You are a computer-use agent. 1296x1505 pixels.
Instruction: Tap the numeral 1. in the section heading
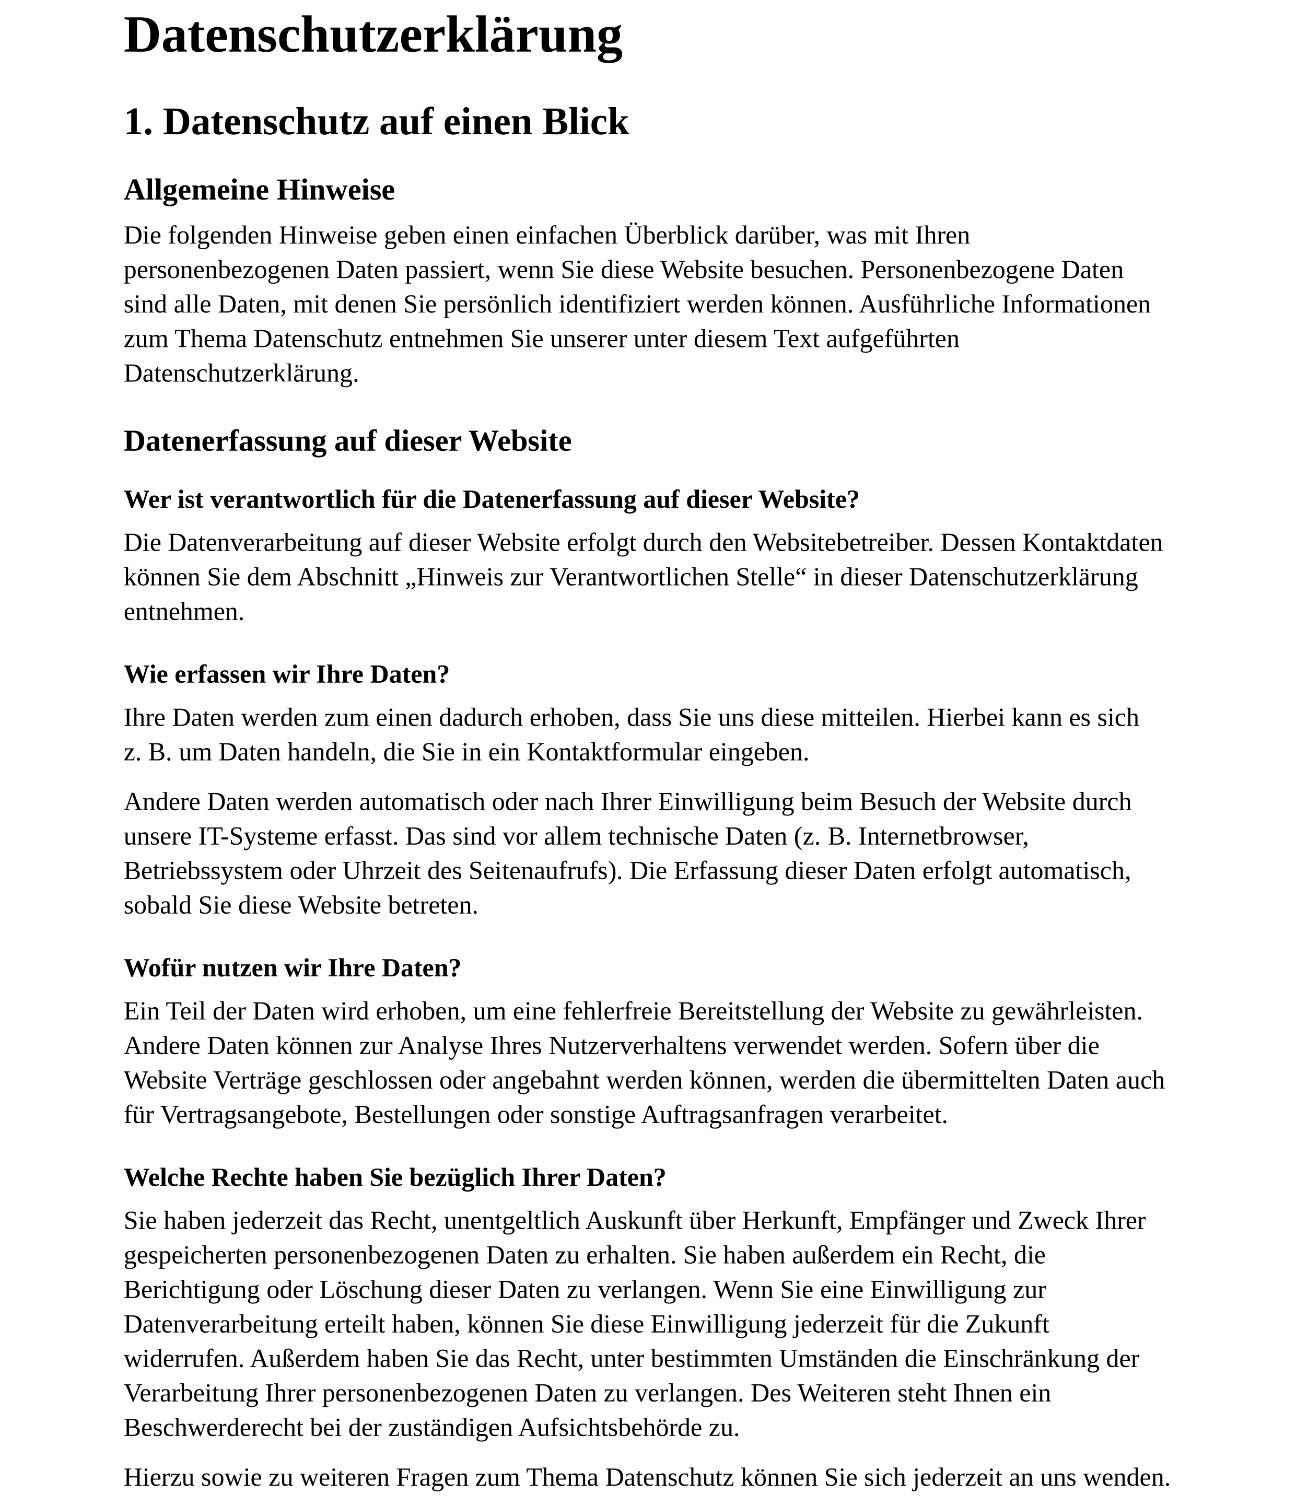pos(138,122)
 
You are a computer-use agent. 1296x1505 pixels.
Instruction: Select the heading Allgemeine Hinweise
pos(259,190)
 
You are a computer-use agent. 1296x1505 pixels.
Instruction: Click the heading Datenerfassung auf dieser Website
pos(347,441)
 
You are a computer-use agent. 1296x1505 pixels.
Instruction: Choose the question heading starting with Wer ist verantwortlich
pos(491,500)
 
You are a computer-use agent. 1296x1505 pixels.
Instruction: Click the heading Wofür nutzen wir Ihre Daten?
pos(292,968)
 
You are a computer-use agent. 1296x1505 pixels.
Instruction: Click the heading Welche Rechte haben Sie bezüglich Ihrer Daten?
pos(394,1177)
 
